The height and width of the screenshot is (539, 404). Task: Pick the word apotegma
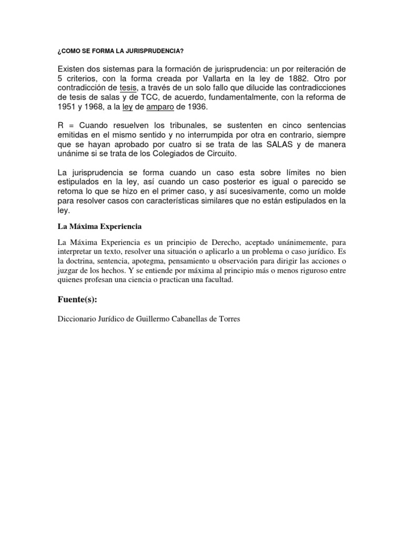pos(166,262)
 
